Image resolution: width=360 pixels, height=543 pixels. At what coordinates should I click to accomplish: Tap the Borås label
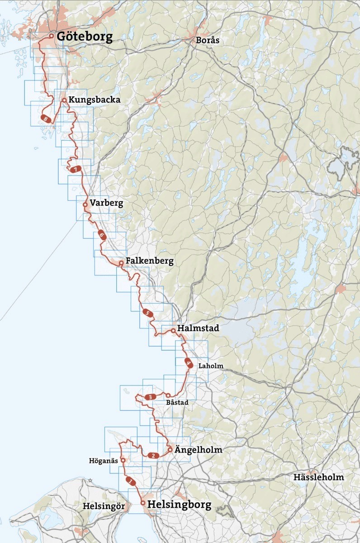click(208, 40)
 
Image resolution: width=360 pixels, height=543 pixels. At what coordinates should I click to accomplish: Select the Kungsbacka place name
click(95, 100)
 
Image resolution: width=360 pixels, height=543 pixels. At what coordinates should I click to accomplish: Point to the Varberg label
click(106, 203)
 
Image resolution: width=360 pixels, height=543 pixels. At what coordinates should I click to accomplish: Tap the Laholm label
click(211, 366)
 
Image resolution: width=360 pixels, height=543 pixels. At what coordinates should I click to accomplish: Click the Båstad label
click(177, 402)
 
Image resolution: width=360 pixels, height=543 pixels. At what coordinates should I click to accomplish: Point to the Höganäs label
click(104, 461)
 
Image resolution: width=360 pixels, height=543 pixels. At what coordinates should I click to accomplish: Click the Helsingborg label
click(180, 505)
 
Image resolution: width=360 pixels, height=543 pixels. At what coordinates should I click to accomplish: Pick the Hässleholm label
click(318, 477)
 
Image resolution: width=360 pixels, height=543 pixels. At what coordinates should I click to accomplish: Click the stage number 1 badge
click(131, 481)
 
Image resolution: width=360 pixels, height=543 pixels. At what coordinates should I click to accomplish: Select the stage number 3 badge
click(150, 397)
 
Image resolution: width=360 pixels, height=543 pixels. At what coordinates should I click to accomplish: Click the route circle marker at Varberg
click(85, 204)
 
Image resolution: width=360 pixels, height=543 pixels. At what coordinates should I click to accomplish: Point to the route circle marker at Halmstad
click(173, 331)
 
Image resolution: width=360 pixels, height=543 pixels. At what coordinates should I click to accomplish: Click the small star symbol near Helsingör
click(90, 480)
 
